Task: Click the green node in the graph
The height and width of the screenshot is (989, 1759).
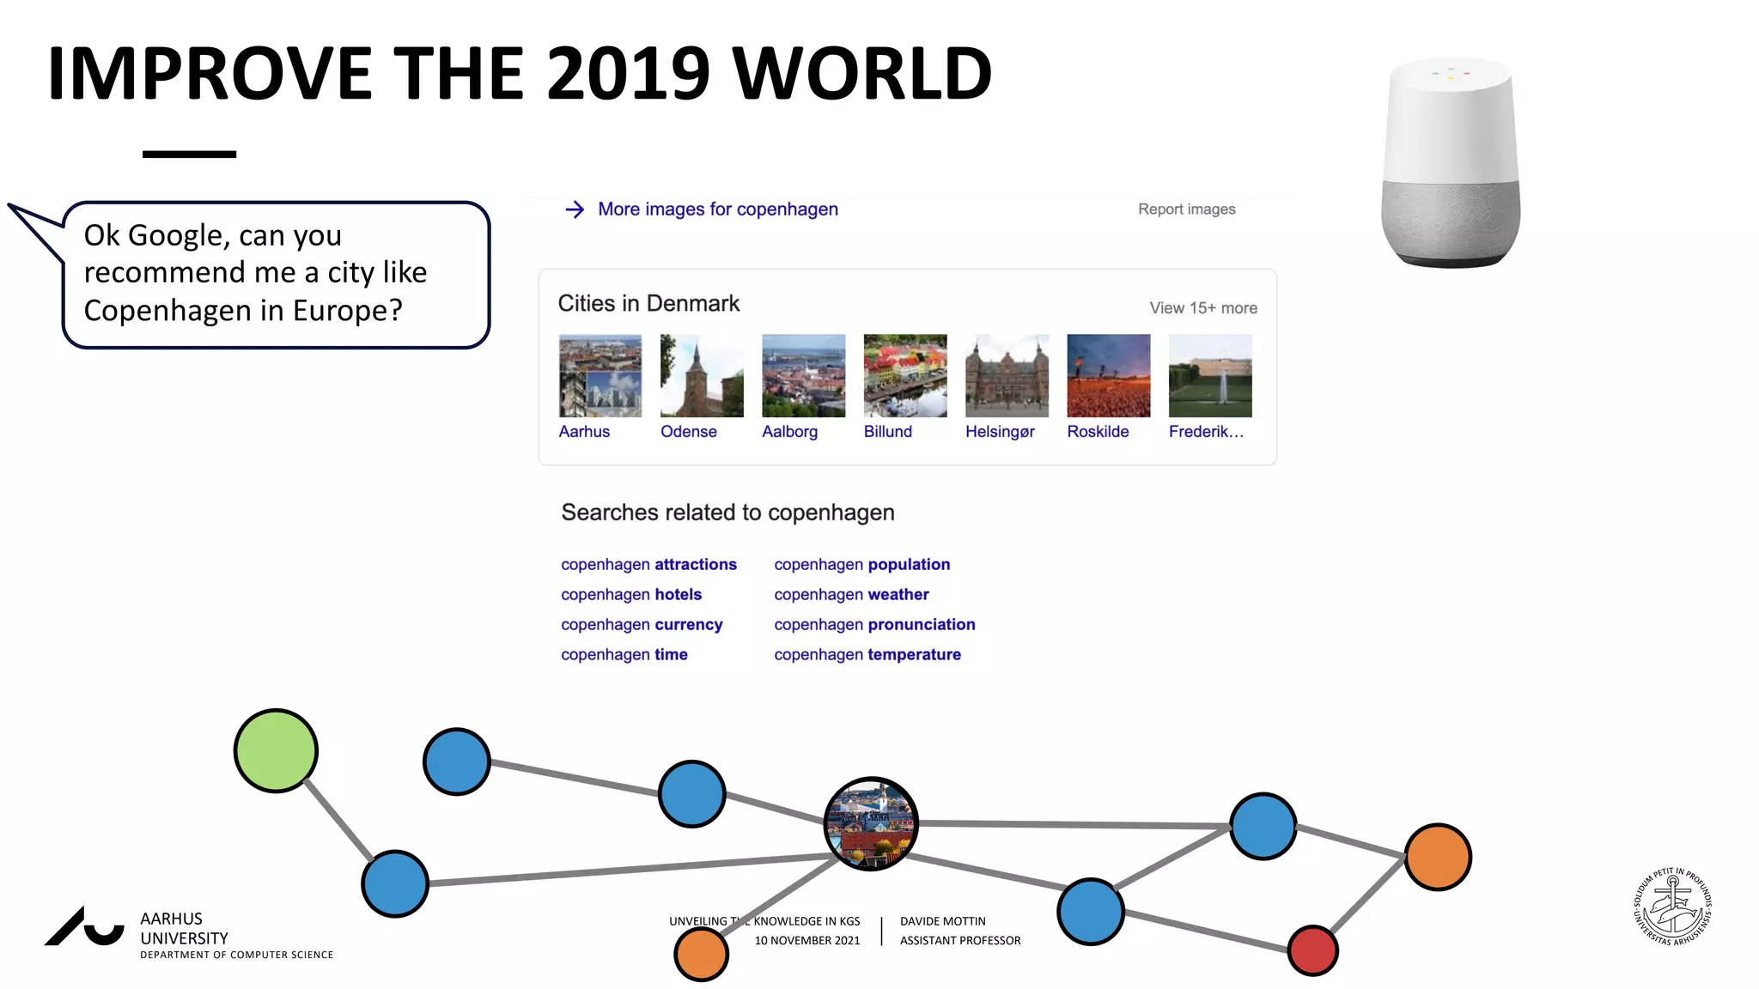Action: pyautogui.click(x=276, y=750)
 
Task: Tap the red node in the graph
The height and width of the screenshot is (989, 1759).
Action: pyautogui.click(x=1312, y=950)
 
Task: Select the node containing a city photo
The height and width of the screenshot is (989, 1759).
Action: pyautogui.click(x=871, y=824)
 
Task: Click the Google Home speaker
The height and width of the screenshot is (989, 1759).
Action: pyautogui.click(x=1451, y=162)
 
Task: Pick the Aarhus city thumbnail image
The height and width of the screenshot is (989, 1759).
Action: pyautogui.click(x=600, y=376)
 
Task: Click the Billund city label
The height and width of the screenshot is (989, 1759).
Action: pyautogui.click(x=887, y=432)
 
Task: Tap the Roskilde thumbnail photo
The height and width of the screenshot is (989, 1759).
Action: pyautogui.click(x=1108, y=376)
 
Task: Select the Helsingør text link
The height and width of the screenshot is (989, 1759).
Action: pyautogui.click(x=1000, y=432)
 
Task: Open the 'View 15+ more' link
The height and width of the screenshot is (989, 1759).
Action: pyautogui.click(x=1202, y=308)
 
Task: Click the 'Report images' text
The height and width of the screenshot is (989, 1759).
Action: pyautogui.click(x=1186, y=209)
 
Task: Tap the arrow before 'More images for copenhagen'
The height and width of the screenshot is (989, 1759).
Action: pyautogui.click(x=575, y=209)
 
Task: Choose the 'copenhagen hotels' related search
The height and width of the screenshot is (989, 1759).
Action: pyautogui.click(x=631, y=595)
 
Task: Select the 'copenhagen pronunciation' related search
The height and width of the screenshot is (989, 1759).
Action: pyautogui.click(x=874, y=625)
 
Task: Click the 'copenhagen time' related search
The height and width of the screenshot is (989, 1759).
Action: pyautogui.click(x=624, y=655)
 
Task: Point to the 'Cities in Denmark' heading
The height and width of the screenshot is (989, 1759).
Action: pyautogui.click(x=648, y=304)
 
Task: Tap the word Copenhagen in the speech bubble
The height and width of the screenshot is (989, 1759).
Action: pyautogui.click(x=158, y=311)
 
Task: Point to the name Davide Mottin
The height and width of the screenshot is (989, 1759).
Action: pyautogui.click(x=942, y=921)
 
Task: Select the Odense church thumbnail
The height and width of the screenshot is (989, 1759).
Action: pyautogui.click(x=702, y=376)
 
